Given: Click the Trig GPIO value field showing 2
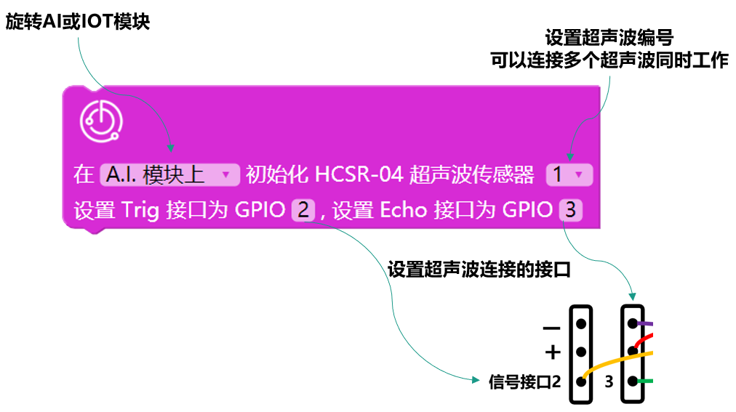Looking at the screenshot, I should pyautogui.click(x=303, y=211).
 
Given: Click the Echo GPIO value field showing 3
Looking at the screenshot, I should pyautogui.click(x=571, y=211).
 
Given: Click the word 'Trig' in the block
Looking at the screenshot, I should pyautogui.click(x=141, y=211).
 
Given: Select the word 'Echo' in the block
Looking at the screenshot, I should pyautogui.click(x=404, y=211).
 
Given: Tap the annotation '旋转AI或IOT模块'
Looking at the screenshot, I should pyautogui.click(x=78, y=22).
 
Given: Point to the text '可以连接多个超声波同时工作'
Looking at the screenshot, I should pyautogui.click(x=609, y=61).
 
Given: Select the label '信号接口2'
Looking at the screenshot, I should pyautogui.click(x=524, y=381).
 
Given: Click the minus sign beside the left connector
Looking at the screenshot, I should pyautogui.click(x=552, y=328).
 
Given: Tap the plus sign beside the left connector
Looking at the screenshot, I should pyautogui.click(x=553, y=352).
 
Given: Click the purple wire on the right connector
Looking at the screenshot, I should pyautogui.click(x=647, y=324).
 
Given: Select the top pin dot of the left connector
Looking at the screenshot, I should pyautogui.click(x=581, y=323).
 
